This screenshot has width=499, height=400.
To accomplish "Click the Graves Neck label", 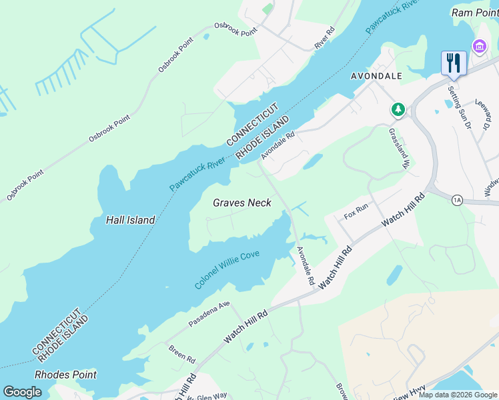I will pyautogui.click(x=241, y=203).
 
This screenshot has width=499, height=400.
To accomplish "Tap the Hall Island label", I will pyautogui.click(x=131, y=219).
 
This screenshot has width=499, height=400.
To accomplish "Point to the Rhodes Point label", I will pyautogui.click(x=65, y=375).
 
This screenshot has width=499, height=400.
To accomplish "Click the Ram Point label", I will pyautogui.click(x=474, y=13).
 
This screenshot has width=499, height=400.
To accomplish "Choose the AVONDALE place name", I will pyautogui.click(x=376, y=76).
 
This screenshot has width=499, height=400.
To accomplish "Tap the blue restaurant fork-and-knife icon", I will pyautogui.click(x=454, y=63).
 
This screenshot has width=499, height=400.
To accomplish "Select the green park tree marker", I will pyautogui.click(x=398, y=109).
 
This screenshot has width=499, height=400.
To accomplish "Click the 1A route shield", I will pyautogui.click(x=457, y=199).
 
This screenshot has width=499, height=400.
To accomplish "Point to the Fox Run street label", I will pyautogui.click(x=356, y=212).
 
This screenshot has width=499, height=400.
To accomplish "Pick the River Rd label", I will pyautogui.click(x=324, y=38).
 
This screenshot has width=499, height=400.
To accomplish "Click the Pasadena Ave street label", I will pyautogui.click(x=209, y=313).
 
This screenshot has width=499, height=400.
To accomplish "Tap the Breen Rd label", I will pyautogui.click(x=181, y=353).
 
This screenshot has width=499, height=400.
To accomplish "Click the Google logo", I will pyautogui.click(x=23, y=392).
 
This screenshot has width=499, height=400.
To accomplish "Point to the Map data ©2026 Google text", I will pyautogui.click(x=458, y=395).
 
